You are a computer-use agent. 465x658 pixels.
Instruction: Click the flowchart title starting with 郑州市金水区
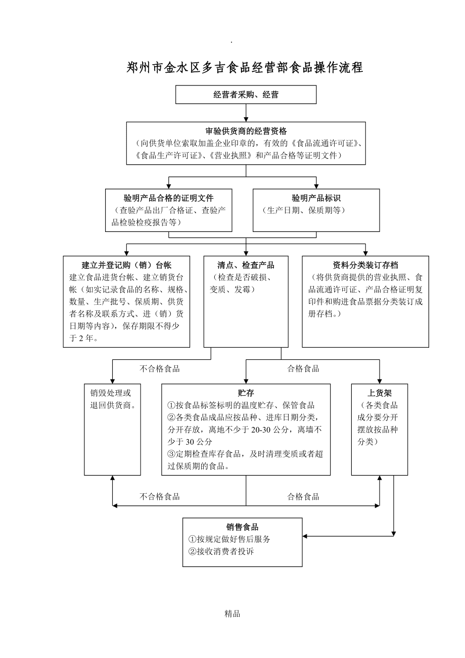pos(245,68)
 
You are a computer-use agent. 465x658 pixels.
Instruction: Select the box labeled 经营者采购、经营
pos(246,95)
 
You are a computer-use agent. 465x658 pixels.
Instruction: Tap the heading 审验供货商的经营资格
pos(246,131)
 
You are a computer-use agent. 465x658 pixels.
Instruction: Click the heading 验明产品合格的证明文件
pos(168,198)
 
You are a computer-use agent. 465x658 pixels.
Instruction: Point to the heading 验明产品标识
pos(316,198)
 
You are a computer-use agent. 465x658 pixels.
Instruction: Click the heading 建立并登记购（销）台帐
pos(126,265)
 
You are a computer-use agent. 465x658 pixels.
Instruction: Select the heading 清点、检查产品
pos(246,265)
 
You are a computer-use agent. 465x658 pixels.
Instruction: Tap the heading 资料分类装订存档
pos(365,265)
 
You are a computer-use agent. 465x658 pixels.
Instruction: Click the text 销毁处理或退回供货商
pos(112,399)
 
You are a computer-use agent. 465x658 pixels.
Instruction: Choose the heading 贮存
pos(246,393)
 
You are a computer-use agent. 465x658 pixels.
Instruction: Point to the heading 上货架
pos(379,393)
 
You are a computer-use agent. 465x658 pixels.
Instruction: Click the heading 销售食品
pos(242,527)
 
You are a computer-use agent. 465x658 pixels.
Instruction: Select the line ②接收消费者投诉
pos(221,551)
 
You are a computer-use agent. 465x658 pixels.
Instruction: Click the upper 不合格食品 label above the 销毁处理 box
pos(159,369)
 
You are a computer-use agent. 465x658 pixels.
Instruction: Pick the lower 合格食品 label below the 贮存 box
pos(303,497)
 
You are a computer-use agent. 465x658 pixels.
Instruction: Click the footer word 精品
pos(232,614)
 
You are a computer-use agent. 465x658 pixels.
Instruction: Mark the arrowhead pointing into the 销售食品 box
pos(305,536)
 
